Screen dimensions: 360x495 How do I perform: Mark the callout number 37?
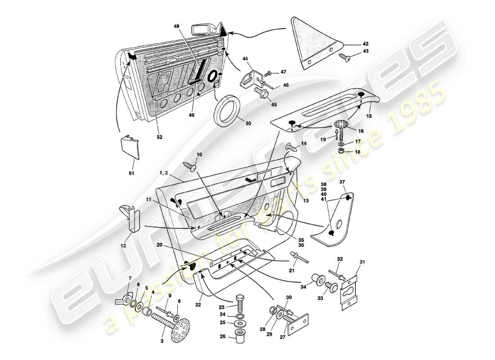click(342, 182)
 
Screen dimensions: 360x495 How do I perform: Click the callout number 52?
click(159, 137)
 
